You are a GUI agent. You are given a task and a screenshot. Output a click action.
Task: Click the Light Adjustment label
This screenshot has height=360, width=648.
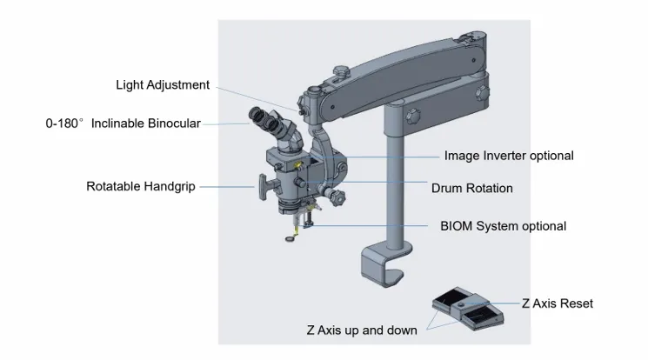pyautogui.click(x=163, y=85)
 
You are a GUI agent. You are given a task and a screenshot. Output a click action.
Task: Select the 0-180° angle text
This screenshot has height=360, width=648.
pyautogui.click(x=64, y=123)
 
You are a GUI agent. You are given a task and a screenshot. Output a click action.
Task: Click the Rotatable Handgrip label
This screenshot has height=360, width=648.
pyautogui.click(x=140, y=186)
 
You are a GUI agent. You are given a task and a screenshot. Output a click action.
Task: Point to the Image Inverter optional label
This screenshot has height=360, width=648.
pyautogui.click(x=509, y=156)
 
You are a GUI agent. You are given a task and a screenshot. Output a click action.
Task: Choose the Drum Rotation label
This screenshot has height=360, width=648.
pyautogui.click(x=471, y=188)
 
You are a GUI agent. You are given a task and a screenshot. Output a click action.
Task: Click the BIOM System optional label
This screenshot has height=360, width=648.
pyautogui.click(x=503, y=226)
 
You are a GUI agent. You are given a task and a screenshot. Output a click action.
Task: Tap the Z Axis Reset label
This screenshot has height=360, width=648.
pyautogui.click(x=558, y=303)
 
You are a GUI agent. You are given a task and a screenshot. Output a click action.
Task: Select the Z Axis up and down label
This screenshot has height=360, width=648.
pyautogui.click(x=361, y=330)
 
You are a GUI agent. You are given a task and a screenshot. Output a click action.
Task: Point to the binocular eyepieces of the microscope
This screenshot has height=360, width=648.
pyautogui.click(x=270, y=123)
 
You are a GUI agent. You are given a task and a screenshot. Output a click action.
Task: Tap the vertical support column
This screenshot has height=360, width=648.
pyautogui.click(x=397, y=183)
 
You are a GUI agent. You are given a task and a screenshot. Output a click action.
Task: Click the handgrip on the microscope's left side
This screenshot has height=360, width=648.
pyautogui.click(x=264, y=184)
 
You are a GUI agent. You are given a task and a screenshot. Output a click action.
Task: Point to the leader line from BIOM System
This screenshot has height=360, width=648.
pyautogui.click(x=374, y=226)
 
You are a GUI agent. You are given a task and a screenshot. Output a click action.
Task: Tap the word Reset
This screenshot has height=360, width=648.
pyautogui.click(x=576, y=303)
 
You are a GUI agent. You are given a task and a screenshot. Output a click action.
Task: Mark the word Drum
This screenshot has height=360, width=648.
pyautogui.click(x=446, y=188)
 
